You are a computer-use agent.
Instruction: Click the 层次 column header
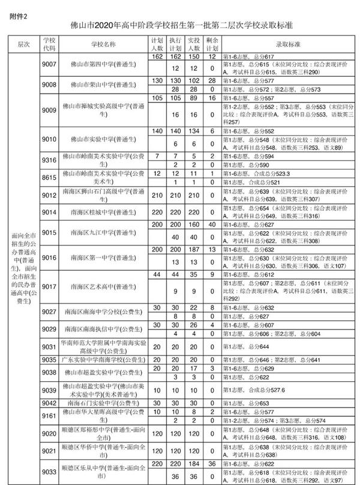(24, 44)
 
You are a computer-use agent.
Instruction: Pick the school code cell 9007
(49, 65)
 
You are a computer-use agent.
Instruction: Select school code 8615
(49, 177)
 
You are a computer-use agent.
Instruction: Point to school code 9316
(49, 160)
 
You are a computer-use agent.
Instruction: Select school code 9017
(49, 286)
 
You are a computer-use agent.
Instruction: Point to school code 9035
(49, 360)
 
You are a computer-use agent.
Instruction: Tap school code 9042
(49, 403)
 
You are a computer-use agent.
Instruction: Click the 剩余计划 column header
(212, 44)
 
